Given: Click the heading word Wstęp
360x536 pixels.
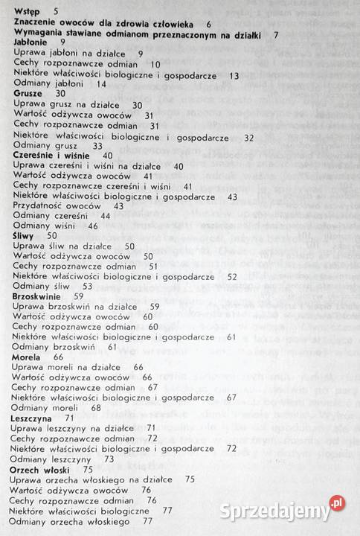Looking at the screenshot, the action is click(28, 12).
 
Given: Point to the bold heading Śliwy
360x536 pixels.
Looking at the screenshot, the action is click(25, 234).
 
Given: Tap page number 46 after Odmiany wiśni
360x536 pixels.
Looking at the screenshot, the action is click(93, 226).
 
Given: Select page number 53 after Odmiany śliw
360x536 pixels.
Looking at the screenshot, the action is click(88, 286).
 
